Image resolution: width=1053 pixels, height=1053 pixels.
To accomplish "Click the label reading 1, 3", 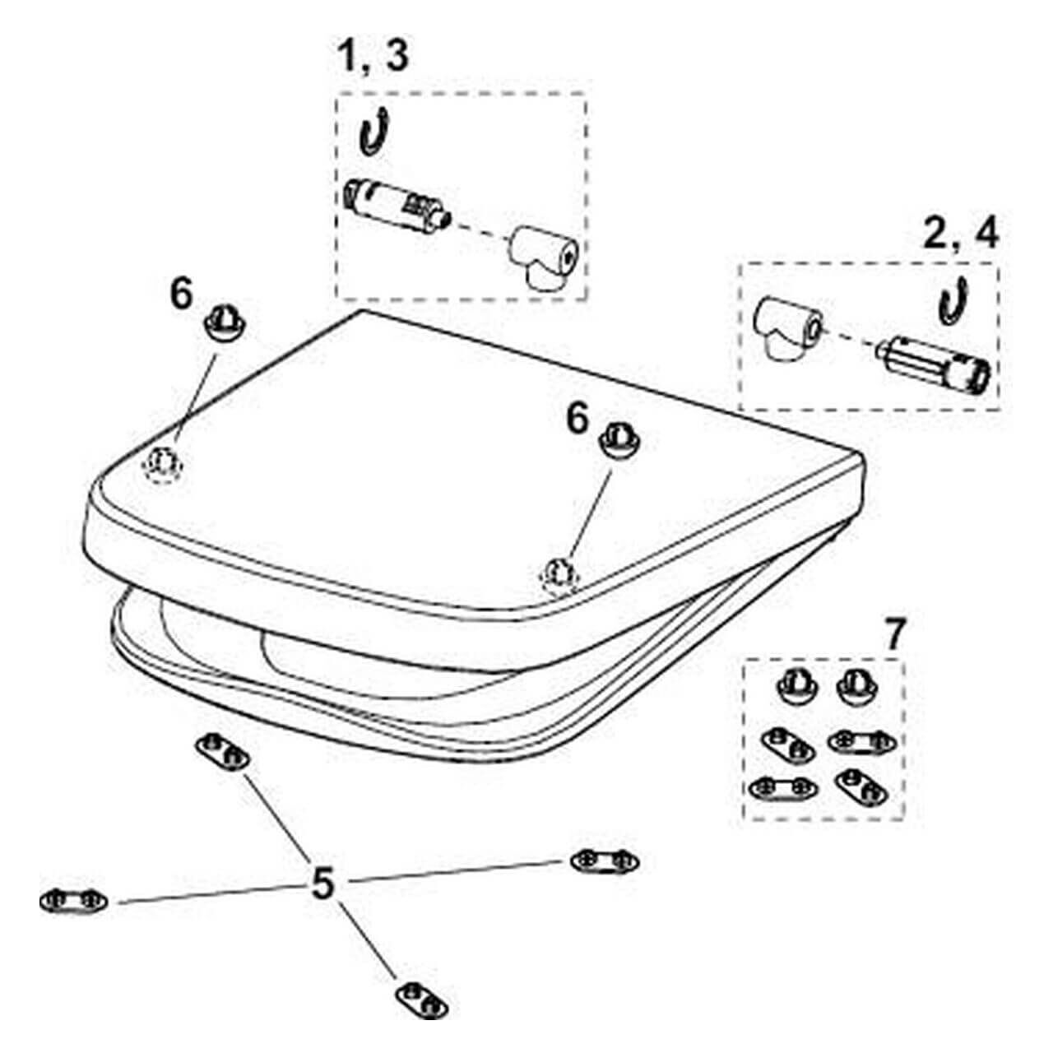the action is [x=374, y=57].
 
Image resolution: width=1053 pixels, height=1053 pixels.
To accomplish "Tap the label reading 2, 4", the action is [x=960, y=234].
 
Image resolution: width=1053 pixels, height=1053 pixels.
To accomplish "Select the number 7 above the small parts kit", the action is [x=893, y=634].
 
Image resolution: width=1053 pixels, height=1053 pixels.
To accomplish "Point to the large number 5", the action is [x=322, y=884].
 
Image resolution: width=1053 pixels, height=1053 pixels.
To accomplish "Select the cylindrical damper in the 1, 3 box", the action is [x=397, y=206].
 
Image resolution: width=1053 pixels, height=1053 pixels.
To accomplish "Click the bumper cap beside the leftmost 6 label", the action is [x=225, y=323].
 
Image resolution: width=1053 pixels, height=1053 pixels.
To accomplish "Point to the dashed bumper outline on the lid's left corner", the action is [x=162, y=465].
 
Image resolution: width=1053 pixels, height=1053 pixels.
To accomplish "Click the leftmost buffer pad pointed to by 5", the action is [x=74, y=902].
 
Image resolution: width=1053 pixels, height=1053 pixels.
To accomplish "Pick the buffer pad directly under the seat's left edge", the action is [x=223, y=753].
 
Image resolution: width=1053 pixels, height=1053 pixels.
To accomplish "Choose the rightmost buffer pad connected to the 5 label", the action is [x=605, y=862].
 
